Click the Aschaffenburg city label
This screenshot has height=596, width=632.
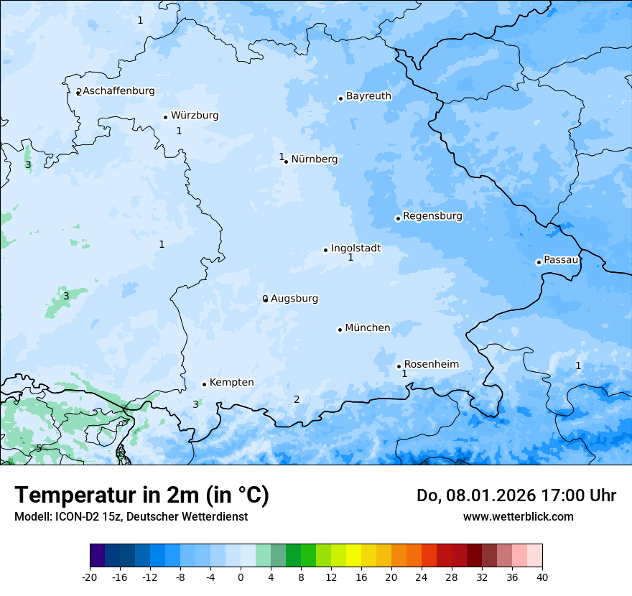point(118,91)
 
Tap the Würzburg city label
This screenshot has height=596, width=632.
point(195,116)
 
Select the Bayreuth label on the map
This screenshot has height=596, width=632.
point(368,96)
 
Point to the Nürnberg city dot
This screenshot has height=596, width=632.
point(287,162)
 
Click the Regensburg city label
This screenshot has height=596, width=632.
point(432,216)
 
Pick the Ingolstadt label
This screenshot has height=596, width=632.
point(355,248)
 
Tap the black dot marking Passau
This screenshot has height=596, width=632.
point(539,262)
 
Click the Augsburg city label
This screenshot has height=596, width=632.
point(294,299)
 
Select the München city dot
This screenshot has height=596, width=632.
point(340,330)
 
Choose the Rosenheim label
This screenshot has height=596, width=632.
point(431,365)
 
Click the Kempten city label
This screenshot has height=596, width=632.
point(231,383)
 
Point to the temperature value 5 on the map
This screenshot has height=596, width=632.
point(39,449)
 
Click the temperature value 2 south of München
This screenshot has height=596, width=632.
point(297,400)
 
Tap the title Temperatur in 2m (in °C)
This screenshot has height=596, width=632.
point(141,495)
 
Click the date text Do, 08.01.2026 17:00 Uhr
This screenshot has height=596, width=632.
point(516,495)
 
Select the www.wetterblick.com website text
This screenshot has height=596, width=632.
point(518,517)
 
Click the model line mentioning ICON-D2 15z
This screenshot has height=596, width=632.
point(131,517)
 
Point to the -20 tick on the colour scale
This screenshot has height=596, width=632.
point(89,577)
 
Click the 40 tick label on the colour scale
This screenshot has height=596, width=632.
point(542,577)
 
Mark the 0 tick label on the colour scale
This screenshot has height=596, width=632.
point(241,577)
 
